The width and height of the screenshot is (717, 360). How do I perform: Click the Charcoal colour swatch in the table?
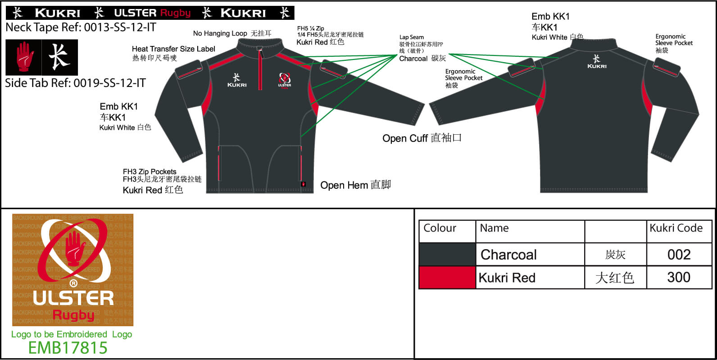tap(447, 255)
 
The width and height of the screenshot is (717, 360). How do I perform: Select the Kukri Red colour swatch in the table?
tap(447, 277)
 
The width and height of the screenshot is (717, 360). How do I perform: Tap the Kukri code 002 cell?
tap(679, 255)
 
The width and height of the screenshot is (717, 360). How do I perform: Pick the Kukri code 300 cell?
tap(679, 277)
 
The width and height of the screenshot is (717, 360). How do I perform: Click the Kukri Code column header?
tap(676, 228)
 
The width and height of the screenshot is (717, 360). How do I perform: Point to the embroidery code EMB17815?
tap(68, 348)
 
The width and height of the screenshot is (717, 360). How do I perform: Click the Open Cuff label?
tap(422, 138)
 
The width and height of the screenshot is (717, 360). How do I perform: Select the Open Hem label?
tap(355, 185)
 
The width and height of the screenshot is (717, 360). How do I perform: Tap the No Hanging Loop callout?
tap(232, 33)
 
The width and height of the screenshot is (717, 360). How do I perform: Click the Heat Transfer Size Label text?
tap(173, 49)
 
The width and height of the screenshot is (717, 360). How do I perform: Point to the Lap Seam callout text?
tap(412, 37)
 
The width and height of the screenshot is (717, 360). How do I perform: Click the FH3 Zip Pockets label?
tap(150, 172)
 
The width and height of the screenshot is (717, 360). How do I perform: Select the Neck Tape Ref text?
tap(81, 27)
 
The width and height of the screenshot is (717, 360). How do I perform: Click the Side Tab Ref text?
tap(75, 83)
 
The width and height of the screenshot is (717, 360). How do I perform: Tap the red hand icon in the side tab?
tap(23, 57)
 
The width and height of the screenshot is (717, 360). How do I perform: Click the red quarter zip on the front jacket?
tap(260, 70)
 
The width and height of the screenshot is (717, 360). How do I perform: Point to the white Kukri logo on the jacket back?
tap(597, 62)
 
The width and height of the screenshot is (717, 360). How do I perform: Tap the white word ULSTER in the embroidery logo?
tap(73, 298)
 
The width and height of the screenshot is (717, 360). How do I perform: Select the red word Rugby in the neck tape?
tap(176, 13)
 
